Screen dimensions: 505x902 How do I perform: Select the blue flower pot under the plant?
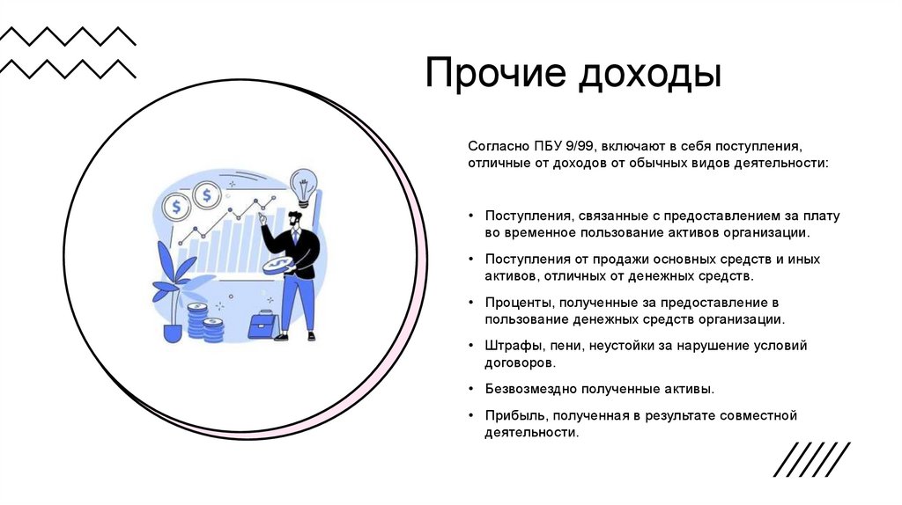pyautogui.click(x=173, y=333)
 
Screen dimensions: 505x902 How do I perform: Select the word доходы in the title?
pyautogui.click(x=649, y=75)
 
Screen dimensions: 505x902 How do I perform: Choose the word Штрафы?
pyautogui.click(x=509, y=346)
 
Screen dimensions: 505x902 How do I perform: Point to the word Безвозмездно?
pyautogui.click(x=527, y=388)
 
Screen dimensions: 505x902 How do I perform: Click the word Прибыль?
pyautogui.click(x=512, y=415)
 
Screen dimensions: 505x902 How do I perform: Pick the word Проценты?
pyautogui.click(x=516, y=303)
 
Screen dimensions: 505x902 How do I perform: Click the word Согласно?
pyautogui.click(x=499, y=145)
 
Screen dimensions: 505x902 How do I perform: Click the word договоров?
pyautogui.click(x=519, y=362)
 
